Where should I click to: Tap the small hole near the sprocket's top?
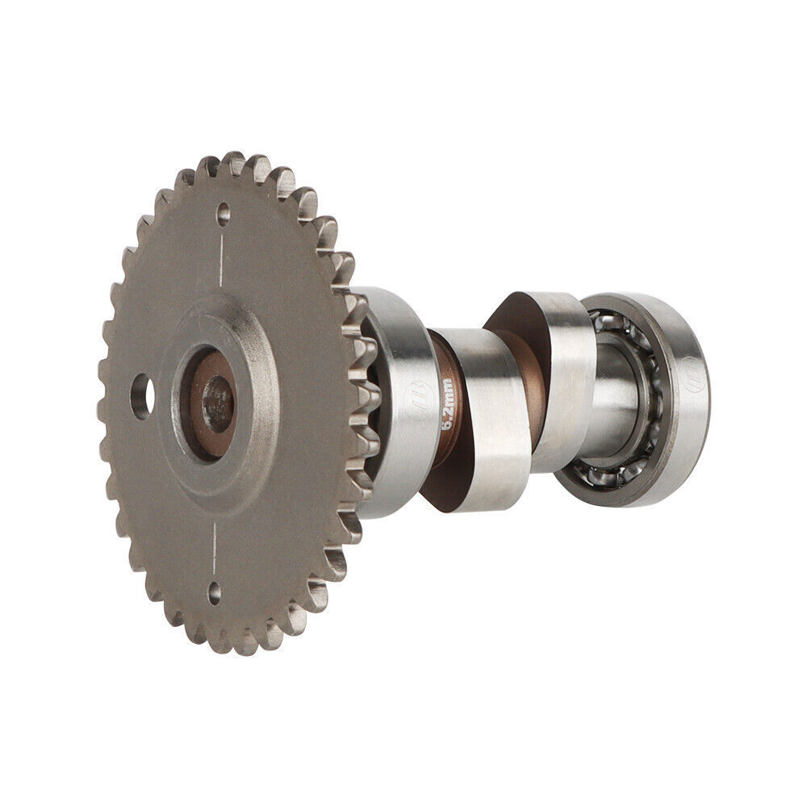click(224, 214)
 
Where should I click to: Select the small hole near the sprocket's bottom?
click(214, 596)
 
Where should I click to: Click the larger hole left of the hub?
click(142, 396)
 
